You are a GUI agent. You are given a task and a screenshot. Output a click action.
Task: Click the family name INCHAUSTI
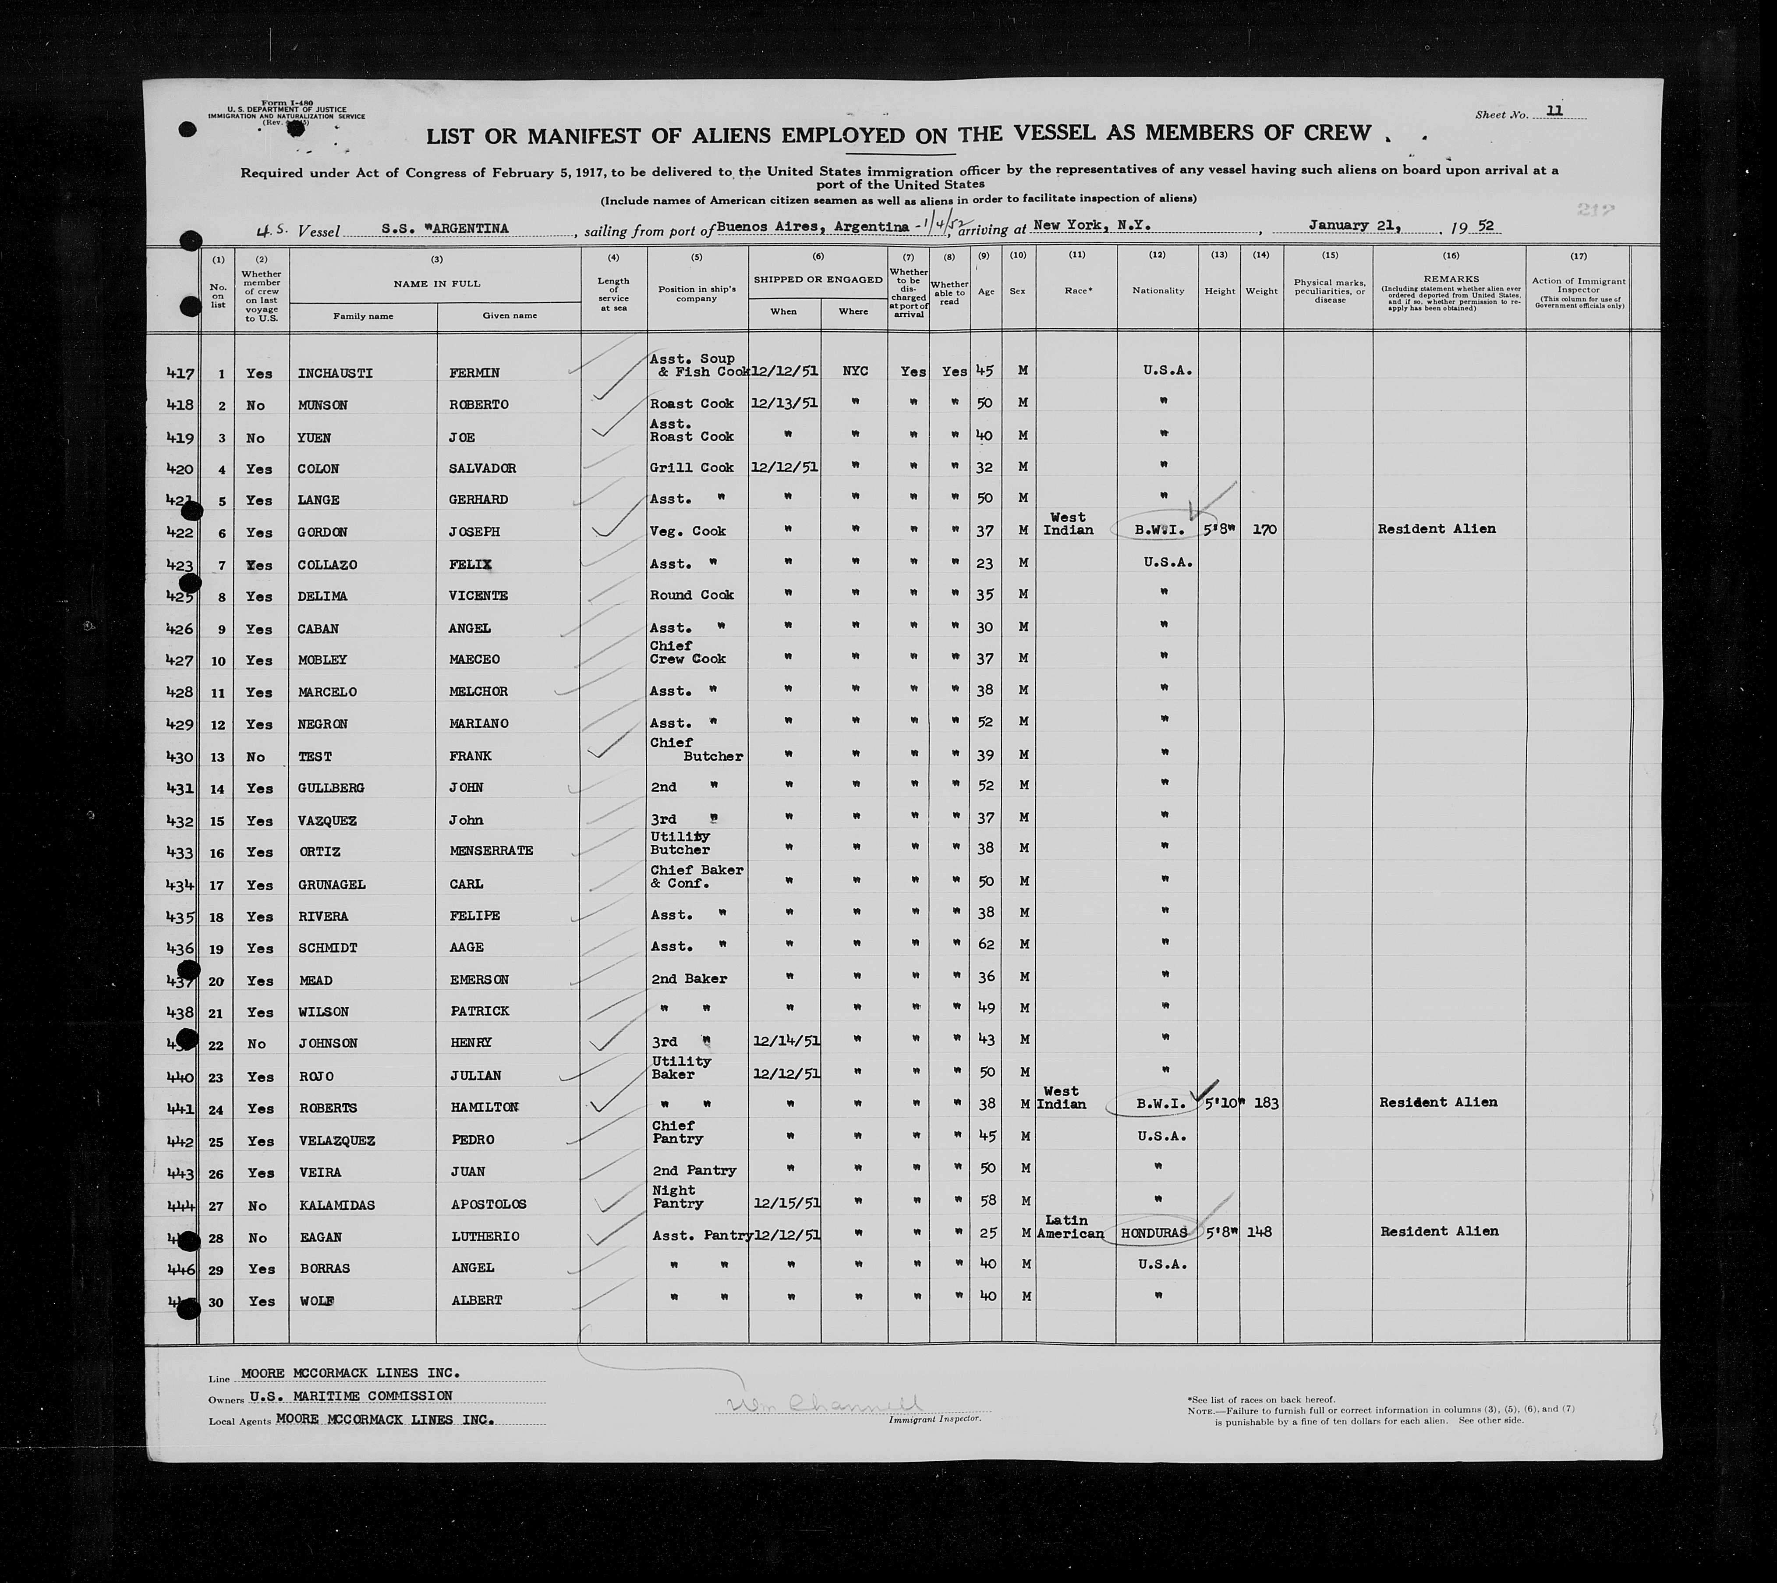click(x=335, y=373)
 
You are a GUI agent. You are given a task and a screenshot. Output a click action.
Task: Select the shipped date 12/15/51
click(x=785, y=1202)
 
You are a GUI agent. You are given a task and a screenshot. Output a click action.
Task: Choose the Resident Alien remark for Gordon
click(x=1436, y=529)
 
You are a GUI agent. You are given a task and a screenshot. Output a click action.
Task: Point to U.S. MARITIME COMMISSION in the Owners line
click(x=350, y=1396)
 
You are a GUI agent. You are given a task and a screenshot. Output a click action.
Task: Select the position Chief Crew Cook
click(x=687, y=652)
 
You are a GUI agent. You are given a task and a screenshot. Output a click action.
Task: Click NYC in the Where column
click(x=855, y=371)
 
